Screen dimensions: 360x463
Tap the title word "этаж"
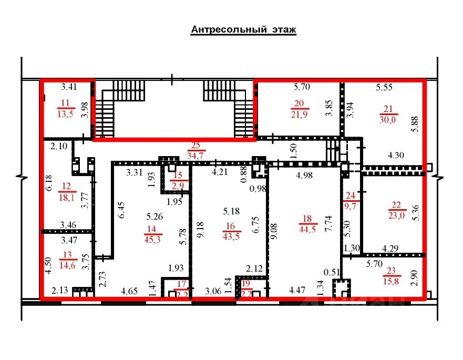coord(284,30)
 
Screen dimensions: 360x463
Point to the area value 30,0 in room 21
coord(388,119)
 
